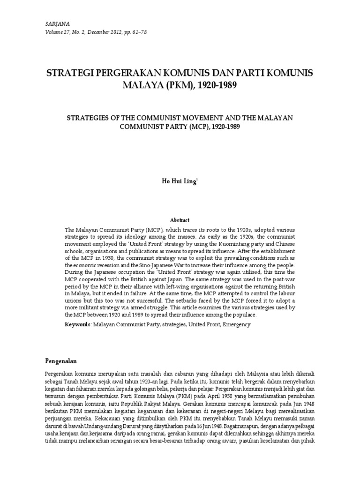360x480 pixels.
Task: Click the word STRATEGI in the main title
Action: tap(70, 74)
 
